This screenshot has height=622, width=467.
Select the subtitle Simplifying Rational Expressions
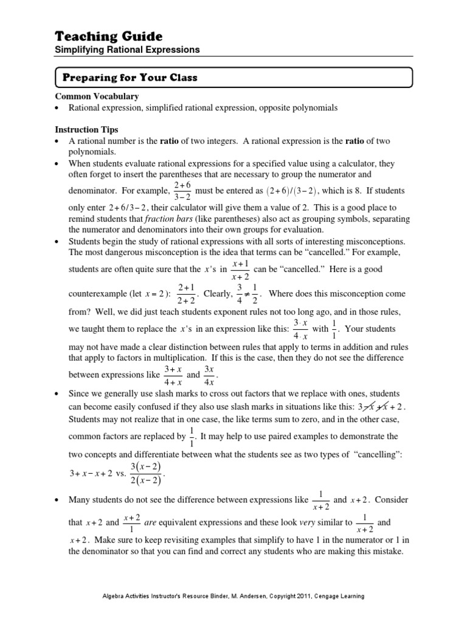[127, 50]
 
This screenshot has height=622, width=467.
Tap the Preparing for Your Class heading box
[234, 78]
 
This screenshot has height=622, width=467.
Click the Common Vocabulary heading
[97, 96]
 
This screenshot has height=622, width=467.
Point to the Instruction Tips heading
[88, 130]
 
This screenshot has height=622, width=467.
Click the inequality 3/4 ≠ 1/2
[246, 294]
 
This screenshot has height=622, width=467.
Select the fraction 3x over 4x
[208, 375]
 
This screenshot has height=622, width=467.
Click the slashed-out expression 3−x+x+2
[380, 406]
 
